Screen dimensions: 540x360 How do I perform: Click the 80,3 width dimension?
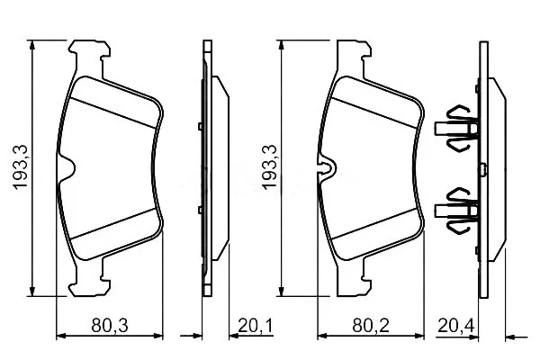110,326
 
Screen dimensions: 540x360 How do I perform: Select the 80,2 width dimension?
371,326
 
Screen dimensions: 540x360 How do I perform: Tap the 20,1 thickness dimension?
256,326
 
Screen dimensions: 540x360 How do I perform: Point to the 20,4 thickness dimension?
456,326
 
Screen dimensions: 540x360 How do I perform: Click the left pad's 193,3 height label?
21,166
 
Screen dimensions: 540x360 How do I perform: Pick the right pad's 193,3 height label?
269,166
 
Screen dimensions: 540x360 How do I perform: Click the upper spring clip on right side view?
456,128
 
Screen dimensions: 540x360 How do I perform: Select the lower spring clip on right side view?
456,211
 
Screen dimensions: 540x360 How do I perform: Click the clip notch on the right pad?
327,167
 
